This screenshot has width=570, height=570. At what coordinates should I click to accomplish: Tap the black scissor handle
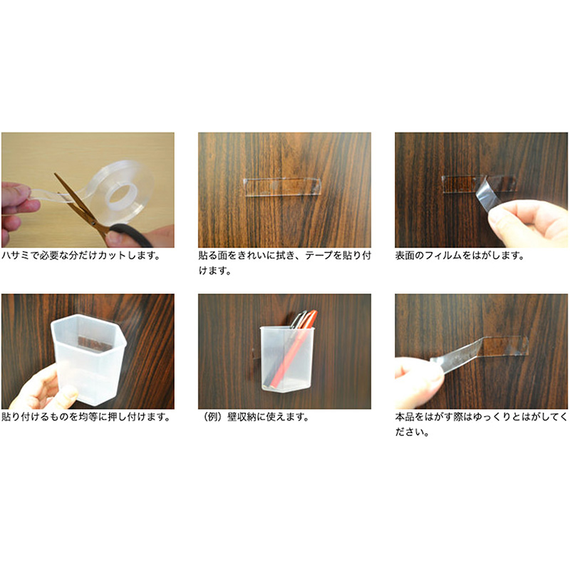pyautogui.click(x=132, y=235)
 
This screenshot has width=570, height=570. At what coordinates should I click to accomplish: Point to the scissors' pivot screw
pyautogui.click(x=93, y=222)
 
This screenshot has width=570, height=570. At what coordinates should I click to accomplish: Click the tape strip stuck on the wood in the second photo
pyautogui.click(x=282, y=187)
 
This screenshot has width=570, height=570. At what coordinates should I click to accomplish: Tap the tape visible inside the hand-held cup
pyautogui.click(x=95, y=344)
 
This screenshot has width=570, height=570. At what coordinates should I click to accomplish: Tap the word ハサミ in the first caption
pyautogui.click(x=15, y=256)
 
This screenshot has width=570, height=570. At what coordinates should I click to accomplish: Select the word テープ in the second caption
pyautogui.click(x=318, y=256)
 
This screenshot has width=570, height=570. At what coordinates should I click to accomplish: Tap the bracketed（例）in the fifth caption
pyautogui.click(x=212, y=417)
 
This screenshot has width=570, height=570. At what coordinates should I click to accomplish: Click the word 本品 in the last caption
pyautogui.click(x=405, y=417)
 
